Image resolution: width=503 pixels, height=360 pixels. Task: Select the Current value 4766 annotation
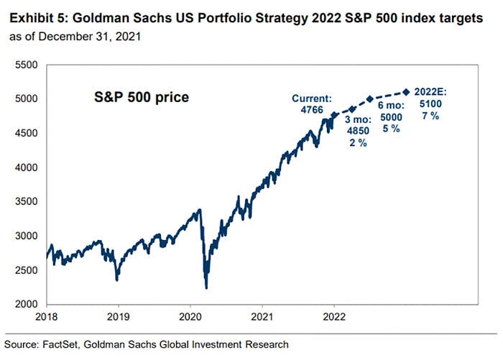click(x=311, y=112)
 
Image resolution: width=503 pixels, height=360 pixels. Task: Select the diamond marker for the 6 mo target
click(x=370, y=99)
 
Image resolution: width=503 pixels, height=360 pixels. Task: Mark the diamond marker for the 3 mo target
click(x=352, y=109)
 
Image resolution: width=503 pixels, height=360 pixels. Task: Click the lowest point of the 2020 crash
click(x=206, y=288)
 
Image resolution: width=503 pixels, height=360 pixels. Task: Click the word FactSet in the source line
click(x=64, y=344)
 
